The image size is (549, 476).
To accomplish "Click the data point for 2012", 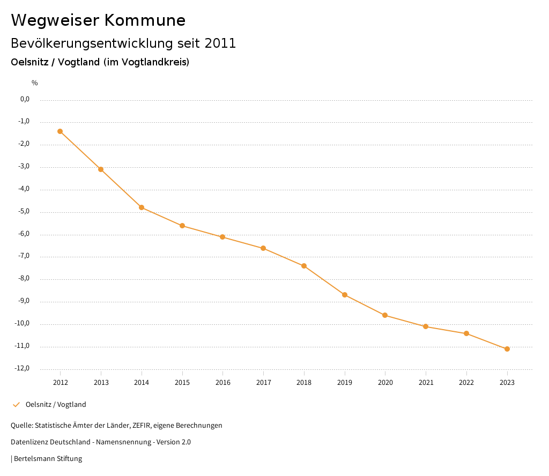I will coord(60,131).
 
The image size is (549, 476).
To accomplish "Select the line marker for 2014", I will coord(142,207).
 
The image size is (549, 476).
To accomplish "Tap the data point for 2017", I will coord(263,248).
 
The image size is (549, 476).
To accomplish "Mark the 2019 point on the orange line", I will coord(345,295).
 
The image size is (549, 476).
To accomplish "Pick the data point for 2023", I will coord(507,349).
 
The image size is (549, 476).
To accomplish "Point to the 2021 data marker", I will coord(426,326).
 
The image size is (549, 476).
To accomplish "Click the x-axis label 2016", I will coord(223,383).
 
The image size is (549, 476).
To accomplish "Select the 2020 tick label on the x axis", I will coord(385,383).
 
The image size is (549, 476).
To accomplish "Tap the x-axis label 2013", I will coord(101,383).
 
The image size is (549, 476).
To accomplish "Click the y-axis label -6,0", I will coord(24,234).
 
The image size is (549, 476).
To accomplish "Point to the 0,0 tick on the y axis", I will coord(25,99).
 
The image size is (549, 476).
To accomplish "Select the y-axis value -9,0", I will coord(24,301).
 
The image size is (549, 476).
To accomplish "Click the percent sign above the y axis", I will coord(35,83).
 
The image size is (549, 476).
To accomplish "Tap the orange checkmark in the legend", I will coord(16,405).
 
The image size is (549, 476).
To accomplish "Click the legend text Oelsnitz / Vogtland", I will coord(56,405).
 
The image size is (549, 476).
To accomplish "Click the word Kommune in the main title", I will coord(145,20).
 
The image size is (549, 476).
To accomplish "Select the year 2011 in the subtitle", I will coord(220,43).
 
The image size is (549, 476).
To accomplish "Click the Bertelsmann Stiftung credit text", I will coord(48,459).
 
